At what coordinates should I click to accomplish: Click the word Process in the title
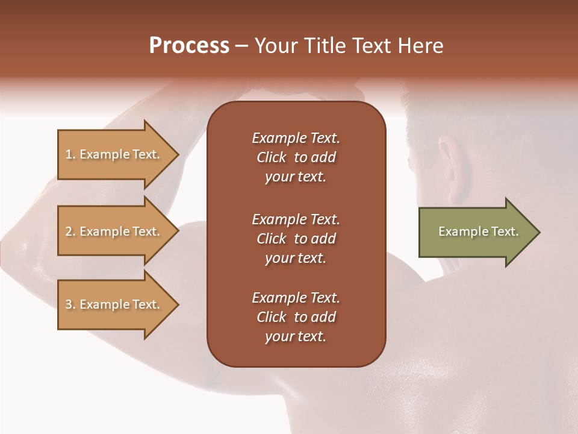[189, 46]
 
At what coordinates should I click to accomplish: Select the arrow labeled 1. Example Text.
[114, 154]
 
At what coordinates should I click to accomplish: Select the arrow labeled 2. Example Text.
[114, 231]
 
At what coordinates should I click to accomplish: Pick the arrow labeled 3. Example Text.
[114, 304]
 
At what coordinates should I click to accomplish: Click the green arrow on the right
[476, 231]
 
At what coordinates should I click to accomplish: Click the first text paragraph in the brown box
[296, 157]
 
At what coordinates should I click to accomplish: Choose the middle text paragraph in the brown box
[296, 239]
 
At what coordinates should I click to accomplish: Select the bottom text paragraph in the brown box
[296, 317]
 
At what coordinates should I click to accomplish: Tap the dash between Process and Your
[242, 46]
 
